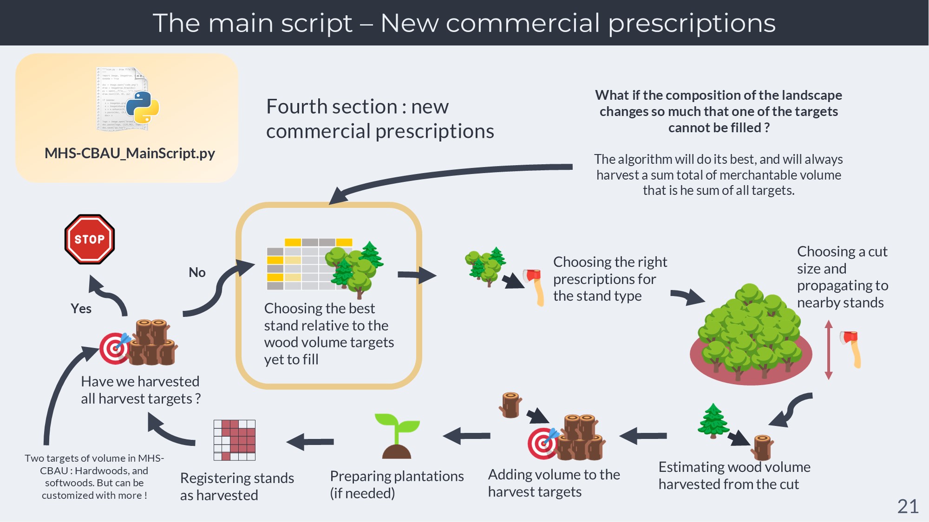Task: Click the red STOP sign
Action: (90, 239)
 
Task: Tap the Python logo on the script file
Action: (142, 107)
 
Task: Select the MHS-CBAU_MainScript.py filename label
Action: (130, 153)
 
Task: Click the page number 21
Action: (908, 506)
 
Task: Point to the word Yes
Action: (81, 309)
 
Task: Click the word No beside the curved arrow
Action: (197, 272)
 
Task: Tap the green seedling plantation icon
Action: (397, 436)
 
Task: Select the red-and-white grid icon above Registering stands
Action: (235, 440)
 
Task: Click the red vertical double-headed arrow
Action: (829, 350)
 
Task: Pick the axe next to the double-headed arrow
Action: (851, 348)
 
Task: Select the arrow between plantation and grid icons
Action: (310, 442)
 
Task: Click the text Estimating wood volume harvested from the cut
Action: (734, 475)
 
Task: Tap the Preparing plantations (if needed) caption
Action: (397, 484)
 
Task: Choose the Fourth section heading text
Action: (380, 119)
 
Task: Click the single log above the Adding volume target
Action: (510, 405)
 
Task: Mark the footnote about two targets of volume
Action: (94, 477)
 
